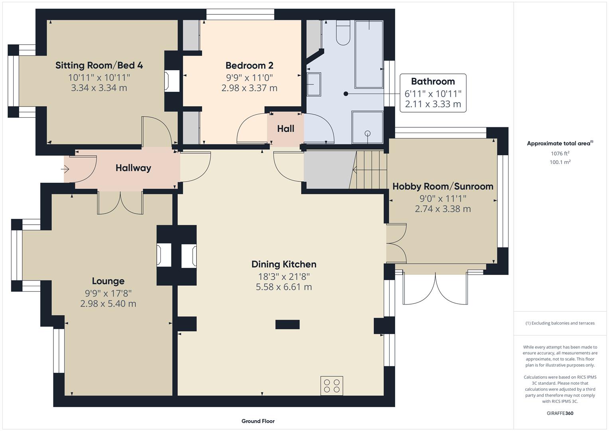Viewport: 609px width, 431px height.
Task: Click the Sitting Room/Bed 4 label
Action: (x=99, y=65)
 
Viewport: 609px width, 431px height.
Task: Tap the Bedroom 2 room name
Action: (x=249, y=65)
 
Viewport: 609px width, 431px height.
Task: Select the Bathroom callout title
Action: (x=433, y=81)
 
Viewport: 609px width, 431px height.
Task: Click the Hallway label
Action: (x=133, y=168)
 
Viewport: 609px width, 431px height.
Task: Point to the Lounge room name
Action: (x=108, y=281)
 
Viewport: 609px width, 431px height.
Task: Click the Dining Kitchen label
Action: (x=284, y=264)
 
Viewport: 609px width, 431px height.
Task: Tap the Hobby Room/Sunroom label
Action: (x=443, y=186)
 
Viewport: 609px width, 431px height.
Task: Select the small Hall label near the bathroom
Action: (x=286, y=129)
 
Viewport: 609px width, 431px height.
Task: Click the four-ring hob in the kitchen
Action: (x=332, y=386)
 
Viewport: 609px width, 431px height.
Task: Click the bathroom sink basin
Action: (x=314, y=84)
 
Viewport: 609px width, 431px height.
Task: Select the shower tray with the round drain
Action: (x=367, y=127)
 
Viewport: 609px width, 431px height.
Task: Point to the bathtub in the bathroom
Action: (x=369, y=54)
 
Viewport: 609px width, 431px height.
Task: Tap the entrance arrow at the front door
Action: (x=65, y=169)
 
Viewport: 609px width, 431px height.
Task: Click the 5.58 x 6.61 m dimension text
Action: (x=284, y=287)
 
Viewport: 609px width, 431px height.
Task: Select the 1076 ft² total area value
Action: (x=560, y=153)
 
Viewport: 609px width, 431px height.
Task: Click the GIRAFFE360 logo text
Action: (x=560, y=413)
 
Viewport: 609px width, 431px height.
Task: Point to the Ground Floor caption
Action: (x=258, y=421)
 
